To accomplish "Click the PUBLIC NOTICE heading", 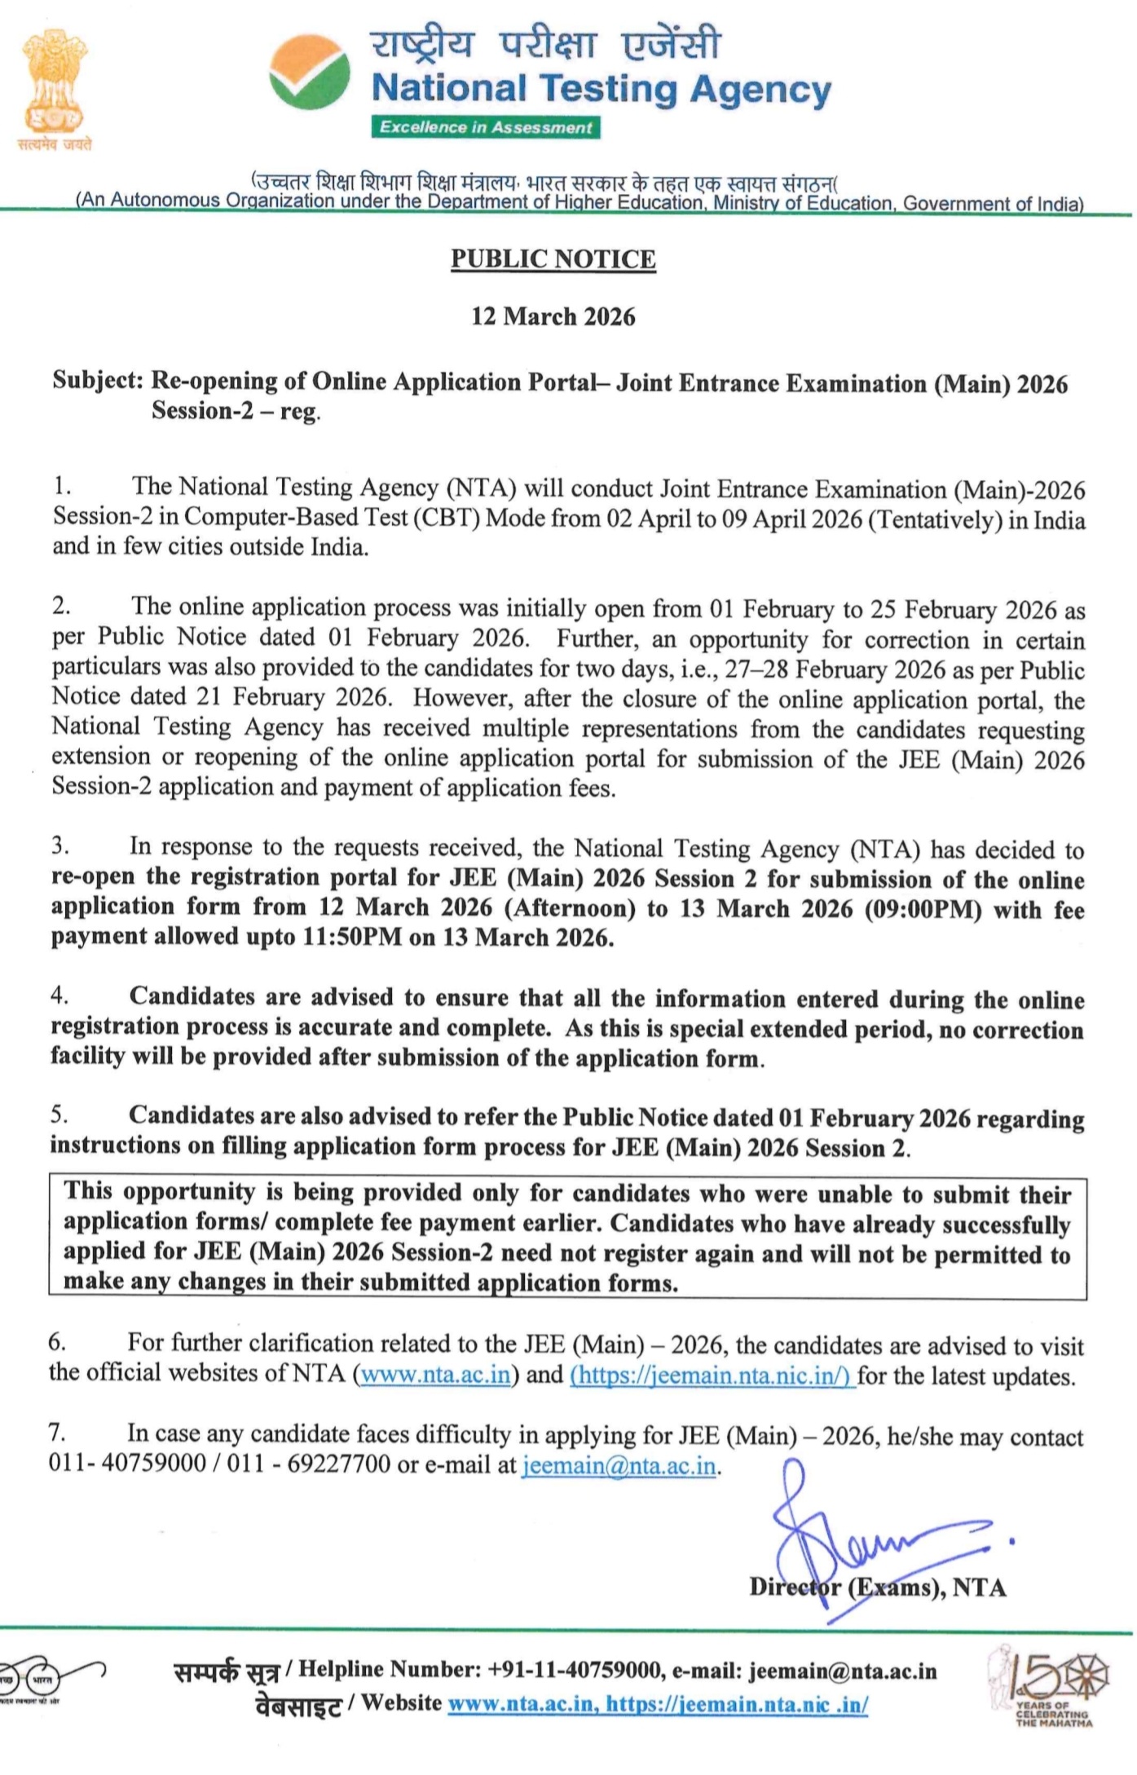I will [x=553, y=259].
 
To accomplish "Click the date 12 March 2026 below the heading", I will [x=553, y=316].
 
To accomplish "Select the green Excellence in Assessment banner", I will [x=486, y=127].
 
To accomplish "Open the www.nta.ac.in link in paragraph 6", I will [x=435, y=1375].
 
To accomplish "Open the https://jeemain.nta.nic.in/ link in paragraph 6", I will [x=712, y=1375].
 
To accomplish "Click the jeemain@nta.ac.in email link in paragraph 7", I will [x=619, y=1465].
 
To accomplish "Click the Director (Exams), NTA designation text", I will [x=878, y=1587].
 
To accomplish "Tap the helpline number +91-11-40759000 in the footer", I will [x=575, y=1670].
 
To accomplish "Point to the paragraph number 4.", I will [x=59, y=996].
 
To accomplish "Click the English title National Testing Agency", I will [x=602, y=88].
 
